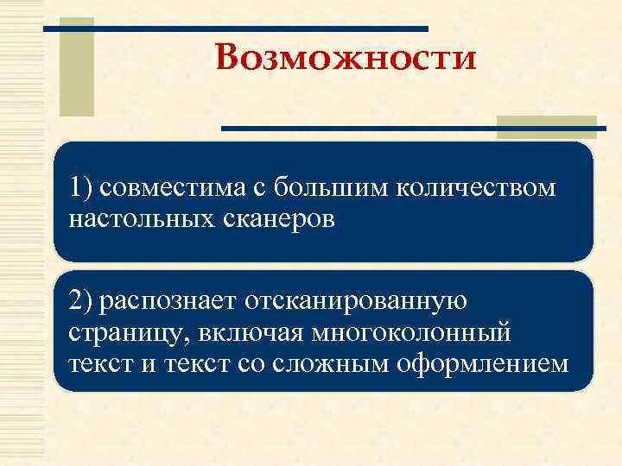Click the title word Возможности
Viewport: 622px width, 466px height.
[x=346, y=60]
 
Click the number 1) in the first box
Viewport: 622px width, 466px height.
[x=84, y=187]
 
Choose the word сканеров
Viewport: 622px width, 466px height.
[x=274, y=219]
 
